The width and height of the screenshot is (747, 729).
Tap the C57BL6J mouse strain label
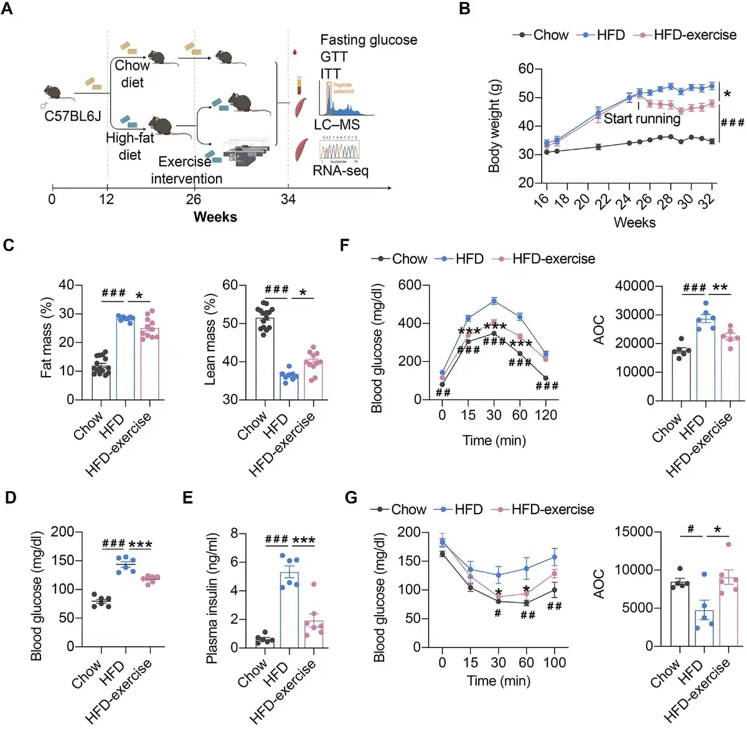coord(72,116)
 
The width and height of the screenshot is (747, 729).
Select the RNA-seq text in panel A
coord(340,171)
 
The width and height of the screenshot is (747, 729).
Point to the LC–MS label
coord(337,125)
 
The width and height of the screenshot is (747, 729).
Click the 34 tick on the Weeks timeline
coord(288,199)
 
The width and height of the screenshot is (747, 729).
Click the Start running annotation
coord(642,118)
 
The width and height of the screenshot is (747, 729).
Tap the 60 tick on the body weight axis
coord(526,68)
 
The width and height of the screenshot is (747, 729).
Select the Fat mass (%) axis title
coord(46,337)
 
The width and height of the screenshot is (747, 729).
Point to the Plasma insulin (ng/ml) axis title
coord(212,598)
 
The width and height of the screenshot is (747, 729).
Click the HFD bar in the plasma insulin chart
coord(289,609)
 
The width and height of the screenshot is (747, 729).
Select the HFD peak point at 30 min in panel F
coord(494,301)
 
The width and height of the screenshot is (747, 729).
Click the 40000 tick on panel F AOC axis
coord(634,286)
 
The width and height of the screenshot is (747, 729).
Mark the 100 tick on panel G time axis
coord(554,662)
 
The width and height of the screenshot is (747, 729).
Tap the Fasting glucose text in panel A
coord(369,40)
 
